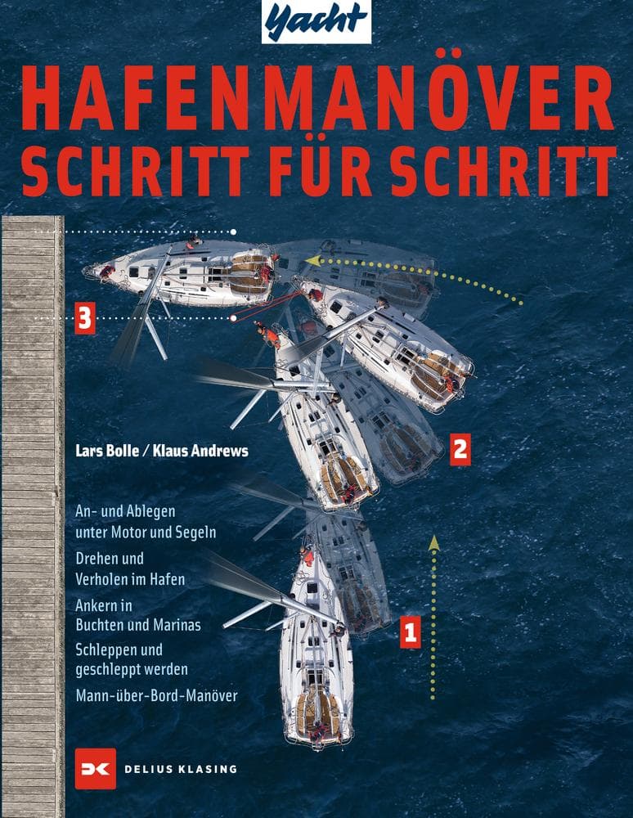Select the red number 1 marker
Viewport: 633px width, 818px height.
[410, 631]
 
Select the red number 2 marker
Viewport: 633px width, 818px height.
[460, 448]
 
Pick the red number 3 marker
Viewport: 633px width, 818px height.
[85, 318]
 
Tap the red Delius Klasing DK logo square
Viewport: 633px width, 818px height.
[95, 769]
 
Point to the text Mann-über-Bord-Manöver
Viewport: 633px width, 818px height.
[155, 697]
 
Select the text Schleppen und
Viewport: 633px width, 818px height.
[119, 651]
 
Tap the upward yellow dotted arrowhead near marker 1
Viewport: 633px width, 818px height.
[434, 542]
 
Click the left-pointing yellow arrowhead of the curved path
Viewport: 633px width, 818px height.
[312, 261]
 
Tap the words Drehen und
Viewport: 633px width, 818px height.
[109, 560]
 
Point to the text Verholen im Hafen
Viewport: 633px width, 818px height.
[129, 579]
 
